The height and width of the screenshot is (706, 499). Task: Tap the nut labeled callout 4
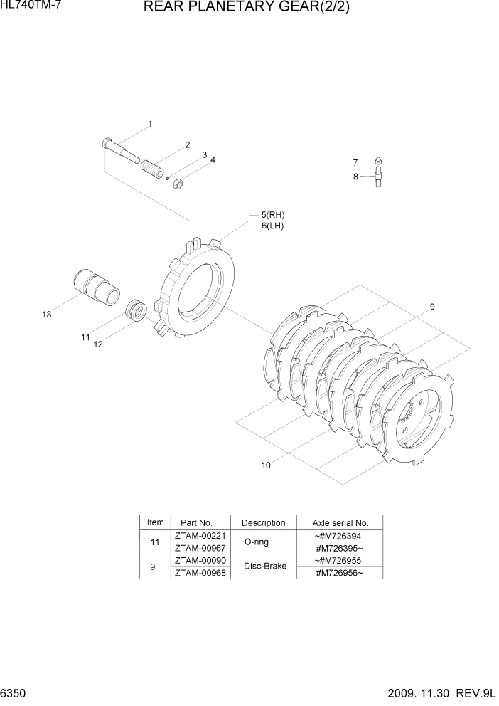click(x=179, y=184)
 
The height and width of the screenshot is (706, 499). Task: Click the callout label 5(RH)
click(x=272, y=215)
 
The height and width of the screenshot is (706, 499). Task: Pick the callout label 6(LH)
click(x=272, y=226)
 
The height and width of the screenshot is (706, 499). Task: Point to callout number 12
click(x=98, y=344)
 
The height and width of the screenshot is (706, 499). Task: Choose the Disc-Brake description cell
click(x=264, y=567)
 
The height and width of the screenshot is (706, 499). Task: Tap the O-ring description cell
click(x=264, y=542)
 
